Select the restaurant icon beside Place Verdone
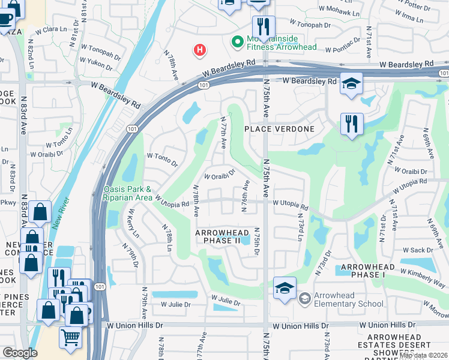pos(351,124)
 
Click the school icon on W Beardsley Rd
pos(351,83)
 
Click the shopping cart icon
pos(70,338)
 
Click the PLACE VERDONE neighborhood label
pos(280,129)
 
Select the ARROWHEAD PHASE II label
pos(218,236)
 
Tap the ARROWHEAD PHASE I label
pos(368,271)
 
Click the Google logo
pos(20,353)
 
